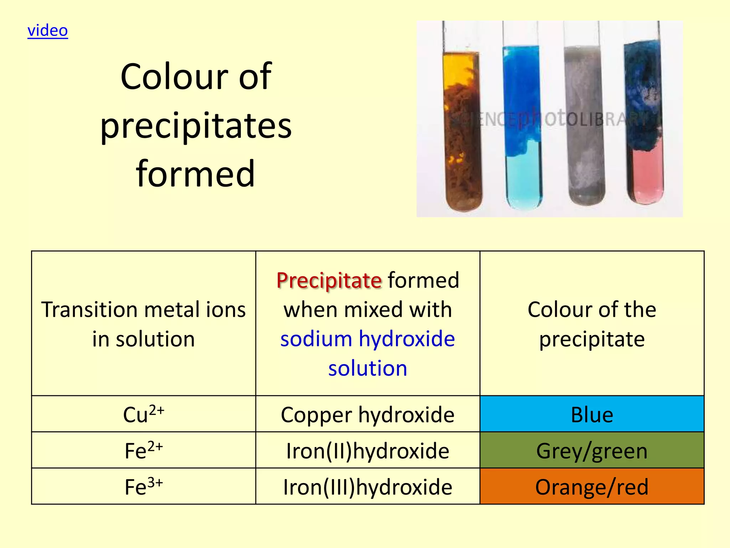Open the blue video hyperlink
48,31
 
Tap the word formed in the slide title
195,174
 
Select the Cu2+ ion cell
143,414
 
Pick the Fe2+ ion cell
143,450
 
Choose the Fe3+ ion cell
143,486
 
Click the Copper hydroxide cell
367,415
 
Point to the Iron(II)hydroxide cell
367,451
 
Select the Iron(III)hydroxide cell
367,487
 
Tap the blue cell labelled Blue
592,414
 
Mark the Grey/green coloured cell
592,450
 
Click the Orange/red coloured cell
592,487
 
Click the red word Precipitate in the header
329,280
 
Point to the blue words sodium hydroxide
367,339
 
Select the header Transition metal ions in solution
143,324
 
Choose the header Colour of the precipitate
592,324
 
